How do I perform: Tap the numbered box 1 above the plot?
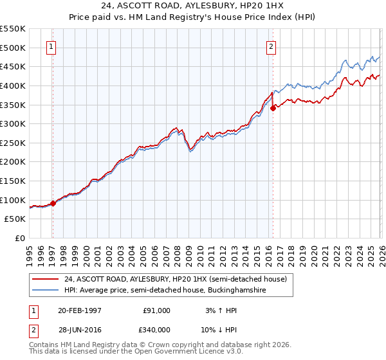point(51,46)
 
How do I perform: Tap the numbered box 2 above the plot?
point(271,46)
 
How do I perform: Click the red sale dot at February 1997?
point(53,203)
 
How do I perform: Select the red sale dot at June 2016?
point(273,108)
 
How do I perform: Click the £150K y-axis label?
point(13,181)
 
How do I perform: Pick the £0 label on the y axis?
point(20,239)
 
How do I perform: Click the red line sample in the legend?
point(46,279)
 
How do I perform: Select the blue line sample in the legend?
point(46,291)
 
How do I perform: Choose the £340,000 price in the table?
point(156,329)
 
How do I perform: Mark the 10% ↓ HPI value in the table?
point(221,329)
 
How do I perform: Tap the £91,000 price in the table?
point(156,310)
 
